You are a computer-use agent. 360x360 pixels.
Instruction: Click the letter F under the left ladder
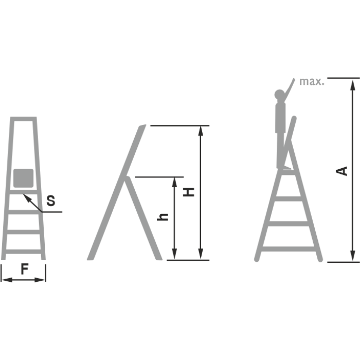(25, 269)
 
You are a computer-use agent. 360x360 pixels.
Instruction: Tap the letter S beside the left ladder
(51, 201)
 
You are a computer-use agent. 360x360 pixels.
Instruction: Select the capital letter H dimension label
(189, 192)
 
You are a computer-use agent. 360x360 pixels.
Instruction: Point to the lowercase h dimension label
(163, 217)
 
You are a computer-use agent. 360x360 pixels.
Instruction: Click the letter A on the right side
(341, 171)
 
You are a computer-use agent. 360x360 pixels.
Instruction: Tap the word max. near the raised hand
(312, 81)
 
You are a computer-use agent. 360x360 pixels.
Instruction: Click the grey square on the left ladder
(24, 178)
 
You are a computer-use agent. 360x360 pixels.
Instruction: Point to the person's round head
(279, 94)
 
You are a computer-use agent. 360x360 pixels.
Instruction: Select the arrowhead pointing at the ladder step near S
(27, 197)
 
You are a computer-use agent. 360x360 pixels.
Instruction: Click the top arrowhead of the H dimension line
(201, 131)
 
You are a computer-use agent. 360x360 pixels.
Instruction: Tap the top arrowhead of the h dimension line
(174, 182)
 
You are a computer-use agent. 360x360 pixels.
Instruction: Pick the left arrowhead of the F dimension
(6, 280)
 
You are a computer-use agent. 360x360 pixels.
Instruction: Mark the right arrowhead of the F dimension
(40, 280)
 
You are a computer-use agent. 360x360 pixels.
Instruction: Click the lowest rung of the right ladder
(289, 249)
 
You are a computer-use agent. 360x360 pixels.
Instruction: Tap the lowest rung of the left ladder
(23, 251)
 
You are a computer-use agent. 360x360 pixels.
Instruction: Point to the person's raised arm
(289, 89)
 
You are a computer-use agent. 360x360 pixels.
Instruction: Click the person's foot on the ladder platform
(286, 168)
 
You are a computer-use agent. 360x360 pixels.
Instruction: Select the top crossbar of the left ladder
(24, 119)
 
